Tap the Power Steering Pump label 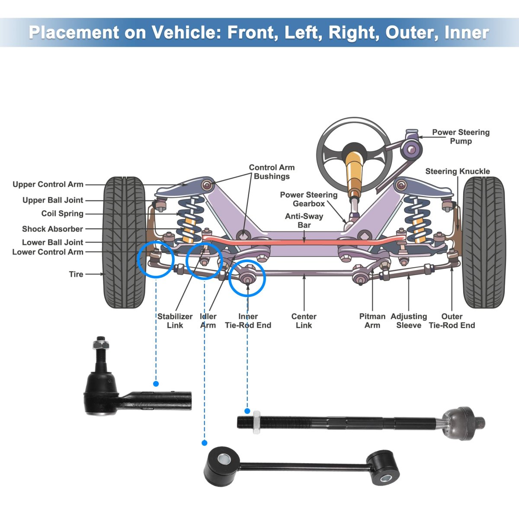(461, 137)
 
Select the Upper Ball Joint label (53, 200)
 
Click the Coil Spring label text (62, 214)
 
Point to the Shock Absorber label (52, 229)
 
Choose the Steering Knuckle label (458, 171)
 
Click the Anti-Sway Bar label (304, 221)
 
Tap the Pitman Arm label (372, 321)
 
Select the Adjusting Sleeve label (409, 321)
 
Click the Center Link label (304, 321)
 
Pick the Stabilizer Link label (175, 321)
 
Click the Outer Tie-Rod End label (452, 321)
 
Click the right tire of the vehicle (484, 242)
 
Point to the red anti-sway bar (303, 239)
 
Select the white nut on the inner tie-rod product (256, 422)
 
